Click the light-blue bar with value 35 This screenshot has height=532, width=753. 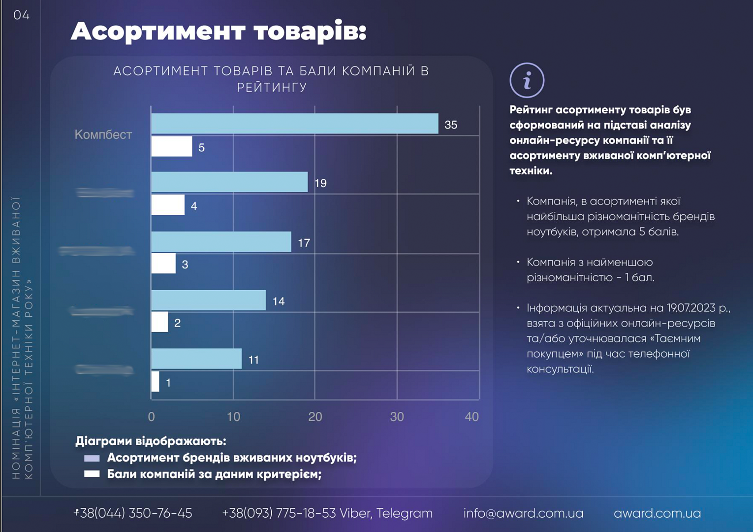pos(294,124)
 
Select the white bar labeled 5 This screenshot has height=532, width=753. pos(171,147)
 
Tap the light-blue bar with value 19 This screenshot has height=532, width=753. pos(229,182)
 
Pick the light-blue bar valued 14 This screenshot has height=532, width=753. pos(208,300)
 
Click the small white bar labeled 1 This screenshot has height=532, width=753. pos(155,382)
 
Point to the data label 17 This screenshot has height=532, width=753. pos(304,243)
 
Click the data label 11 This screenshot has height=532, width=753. pos(253,360)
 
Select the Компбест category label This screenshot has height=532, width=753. pos(103,134)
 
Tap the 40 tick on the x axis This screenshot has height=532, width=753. pos(471,417)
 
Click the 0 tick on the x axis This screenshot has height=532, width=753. pos(151,417)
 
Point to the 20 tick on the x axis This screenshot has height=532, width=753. pos(315,417)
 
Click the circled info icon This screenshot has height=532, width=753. pos(527,80)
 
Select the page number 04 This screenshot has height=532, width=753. pos(22,15)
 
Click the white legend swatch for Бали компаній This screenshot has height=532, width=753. pos(92,474)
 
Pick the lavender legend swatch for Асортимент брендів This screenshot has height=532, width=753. pos(92,458)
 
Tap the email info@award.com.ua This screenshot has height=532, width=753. pos(523,513)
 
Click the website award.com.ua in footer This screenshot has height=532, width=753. pos(657,513)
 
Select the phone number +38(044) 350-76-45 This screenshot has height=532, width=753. pos(133,513)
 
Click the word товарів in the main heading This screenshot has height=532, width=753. pos(310,32)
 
